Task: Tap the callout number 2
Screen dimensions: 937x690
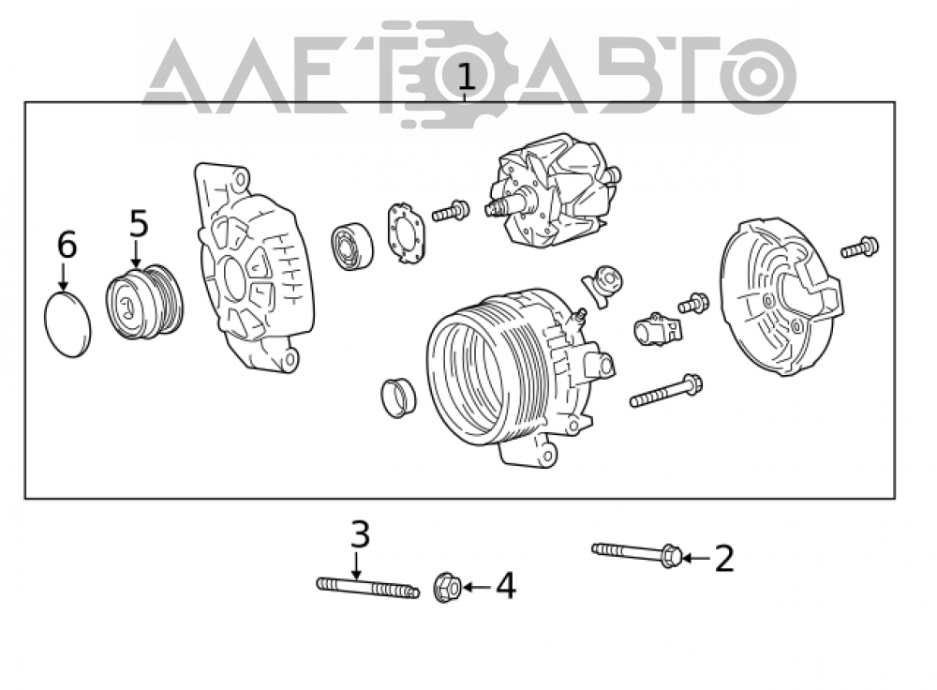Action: pyautogui.click(x=724, y=559)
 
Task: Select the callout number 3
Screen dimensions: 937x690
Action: pyautogui.click(x=361, y=534)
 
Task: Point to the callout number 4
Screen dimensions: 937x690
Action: pyautogui.click(x=506, y=586)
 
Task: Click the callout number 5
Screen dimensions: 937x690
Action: pyautogui.click(x=139, y=224)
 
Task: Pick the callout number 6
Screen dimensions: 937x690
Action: pyautogui.click(x=67, y=245)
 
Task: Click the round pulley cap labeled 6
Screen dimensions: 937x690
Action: pyautogui.click(x=68, y=324)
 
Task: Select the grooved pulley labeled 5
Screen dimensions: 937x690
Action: pyautogui.click(x=144, y=301)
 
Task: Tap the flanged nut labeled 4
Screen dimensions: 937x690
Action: pyautogui.click(x=447, y=587)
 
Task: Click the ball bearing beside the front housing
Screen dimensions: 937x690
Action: pyautogui.click(x=351, y=246)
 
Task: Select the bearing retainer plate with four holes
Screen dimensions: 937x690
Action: pyautogui.click(x=409, y=233)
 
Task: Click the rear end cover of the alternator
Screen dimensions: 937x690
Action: pyautogui.click(x=781, y=296)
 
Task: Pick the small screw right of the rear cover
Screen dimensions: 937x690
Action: pyautogui.click(x=859, y=247)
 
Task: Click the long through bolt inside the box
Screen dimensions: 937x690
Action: pyautogui.click(x=665, y=392)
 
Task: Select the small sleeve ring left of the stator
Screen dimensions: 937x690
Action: pyautogui.click(x=398, y=397)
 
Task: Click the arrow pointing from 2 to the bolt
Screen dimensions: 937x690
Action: pyautogui.click(x=696, y=559)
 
